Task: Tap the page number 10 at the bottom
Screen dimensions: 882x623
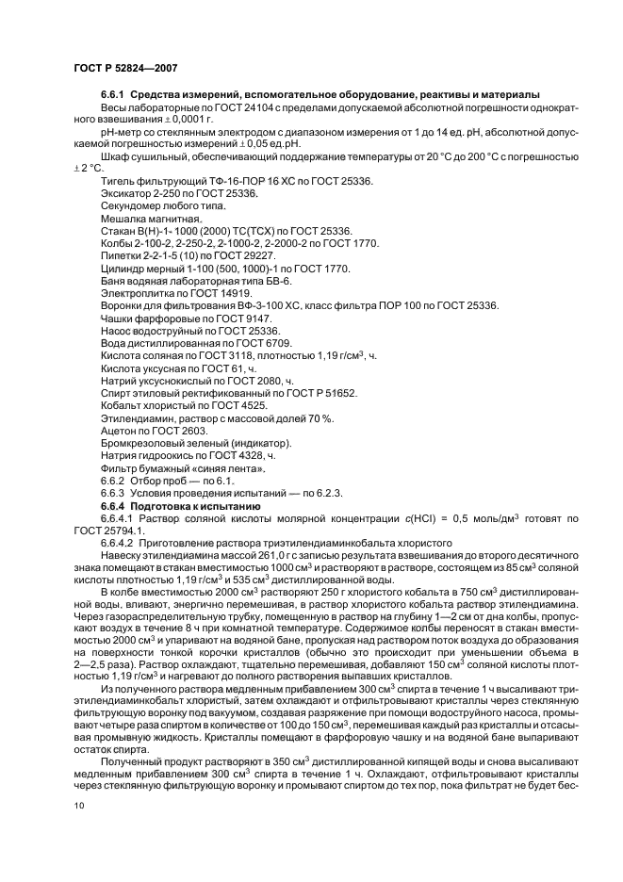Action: tap(79, 806)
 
